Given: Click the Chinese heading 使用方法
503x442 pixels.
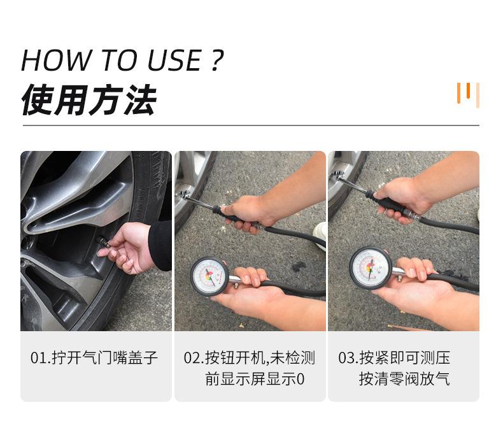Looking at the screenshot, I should pos(89,101).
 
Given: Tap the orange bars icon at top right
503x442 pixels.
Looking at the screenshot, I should pos(468,94).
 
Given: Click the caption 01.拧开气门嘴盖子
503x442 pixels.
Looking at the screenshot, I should pos(94,357).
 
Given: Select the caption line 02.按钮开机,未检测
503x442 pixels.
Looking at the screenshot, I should pos(250,357).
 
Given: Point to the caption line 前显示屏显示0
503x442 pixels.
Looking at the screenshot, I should pos(255,379).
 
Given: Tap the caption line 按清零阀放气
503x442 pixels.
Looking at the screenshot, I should pos(404,379).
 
